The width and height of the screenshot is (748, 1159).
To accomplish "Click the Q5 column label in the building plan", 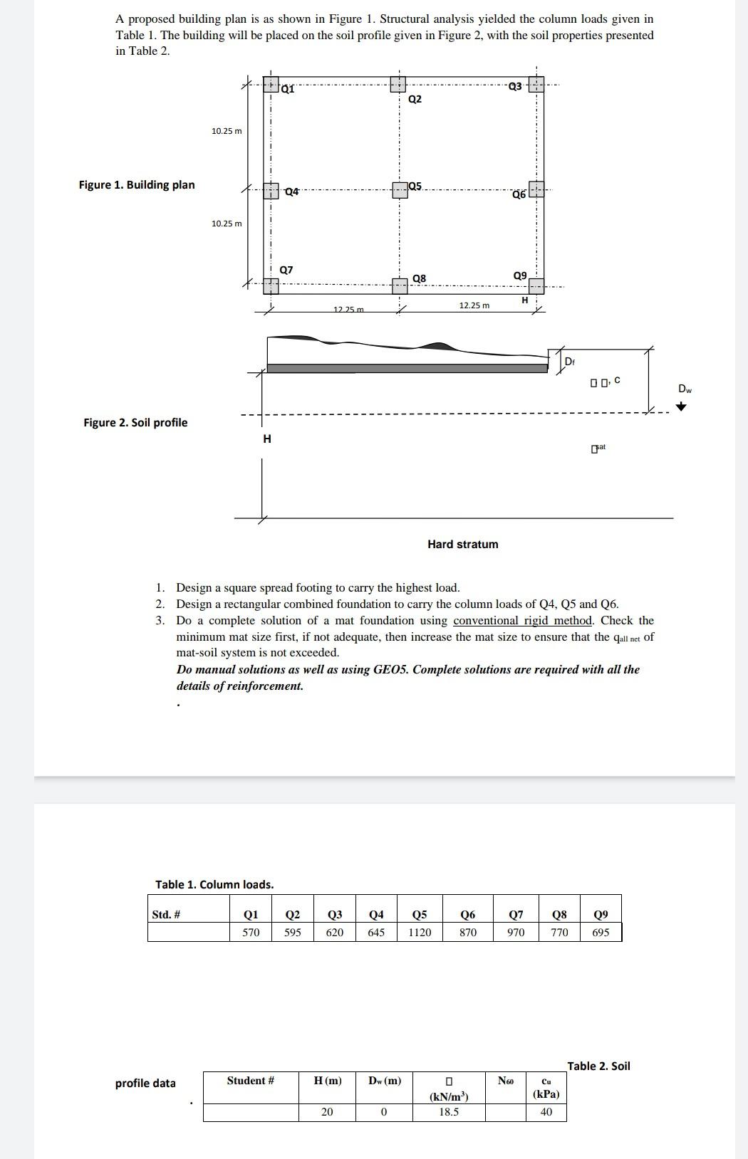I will [x=415, y=187].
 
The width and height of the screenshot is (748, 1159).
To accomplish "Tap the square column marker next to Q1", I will [x=271, y=85].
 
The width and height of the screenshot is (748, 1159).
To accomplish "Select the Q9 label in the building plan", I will [x=520, y=276].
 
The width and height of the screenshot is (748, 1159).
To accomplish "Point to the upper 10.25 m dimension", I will [x=227, y=131].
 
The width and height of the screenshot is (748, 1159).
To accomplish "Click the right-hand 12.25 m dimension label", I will [x=474, y=305].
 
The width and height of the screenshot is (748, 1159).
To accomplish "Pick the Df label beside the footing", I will [x=569, y=362].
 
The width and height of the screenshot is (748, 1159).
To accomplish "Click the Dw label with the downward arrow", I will [x=684, y=389].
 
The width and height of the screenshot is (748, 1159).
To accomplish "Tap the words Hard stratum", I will [x=462, y=545].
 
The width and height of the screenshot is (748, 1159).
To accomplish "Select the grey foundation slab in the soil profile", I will [x=407, y=368].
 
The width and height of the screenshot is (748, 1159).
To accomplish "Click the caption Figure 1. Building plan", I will [x=137, y=185].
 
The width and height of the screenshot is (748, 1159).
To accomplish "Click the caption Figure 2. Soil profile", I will [x=135, y=423].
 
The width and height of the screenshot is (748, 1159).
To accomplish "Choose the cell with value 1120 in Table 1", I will [x=420, y=933].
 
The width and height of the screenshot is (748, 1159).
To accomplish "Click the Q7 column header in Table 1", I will [x=516, y=915].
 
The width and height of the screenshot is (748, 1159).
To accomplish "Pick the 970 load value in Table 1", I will [x=516, y=933].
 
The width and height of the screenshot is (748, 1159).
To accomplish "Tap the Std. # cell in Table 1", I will [x=166, y=915].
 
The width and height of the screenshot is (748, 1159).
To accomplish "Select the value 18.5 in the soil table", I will [x=449, y=1112].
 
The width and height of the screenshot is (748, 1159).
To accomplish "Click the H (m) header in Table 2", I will [x=327, y=1081].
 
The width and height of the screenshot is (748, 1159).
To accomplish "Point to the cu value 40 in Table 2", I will [x=546, y=1112].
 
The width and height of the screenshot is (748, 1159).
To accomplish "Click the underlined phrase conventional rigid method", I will [x=522, y=621].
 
